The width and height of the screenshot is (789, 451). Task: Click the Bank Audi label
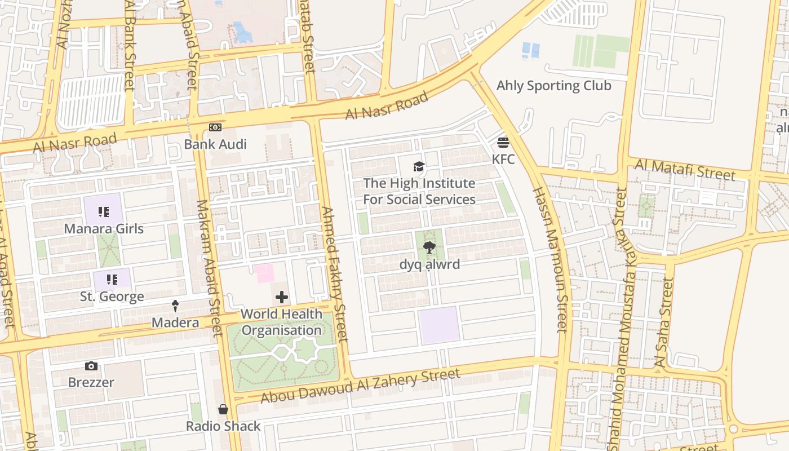215,144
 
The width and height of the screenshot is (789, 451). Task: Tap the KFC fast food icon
503,142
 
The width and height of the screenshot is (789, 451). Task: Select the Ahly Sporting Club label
553,86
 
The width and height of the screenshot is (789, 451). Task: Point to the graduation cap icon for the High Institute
419,166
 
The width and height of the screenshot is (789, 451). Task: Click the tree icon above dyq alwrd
429,247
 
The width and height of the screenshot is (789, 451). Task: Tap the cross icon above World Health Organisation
282,297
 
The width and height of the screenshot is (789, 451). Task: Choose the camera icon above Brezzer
91,366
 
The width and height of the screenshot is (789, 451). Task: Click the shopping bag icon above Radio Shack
223,409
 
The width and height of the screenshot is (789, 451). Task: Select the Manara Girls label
104,229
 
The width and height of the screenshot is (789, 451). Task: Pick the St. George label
112,297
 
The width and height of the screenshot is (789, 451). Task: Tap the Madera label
175,323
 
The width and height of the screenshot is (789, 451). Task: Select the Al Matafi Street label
685,169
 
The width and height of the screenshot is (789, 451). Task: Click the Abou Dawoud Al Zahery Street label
360,386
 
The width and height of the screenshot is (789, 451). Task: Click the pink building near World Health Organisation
264,273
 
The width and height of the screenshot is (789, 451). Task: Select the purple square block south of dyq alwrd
439,325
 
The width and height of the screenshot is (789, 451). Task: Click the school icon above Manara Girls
103,212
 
